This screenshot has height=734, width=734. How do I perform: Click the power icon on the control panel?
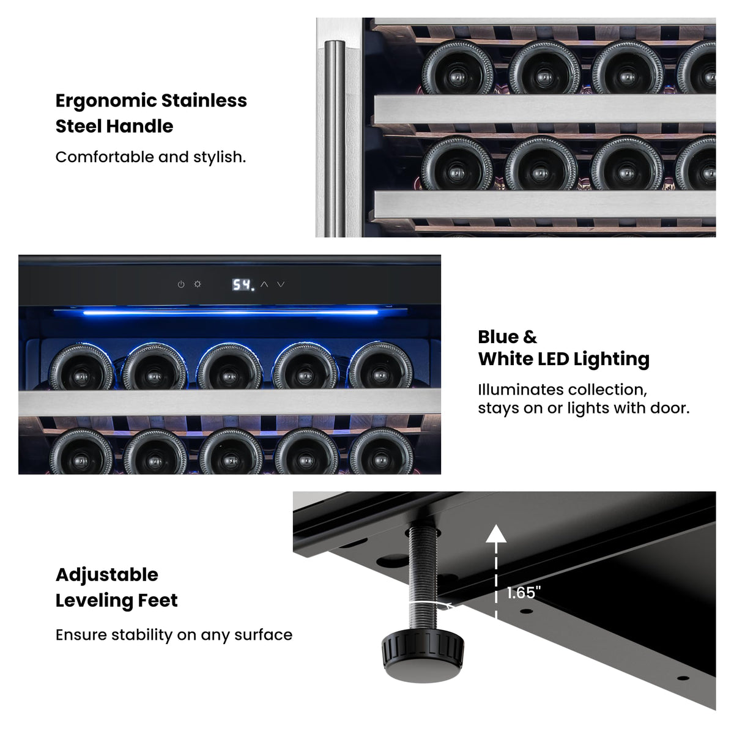181,284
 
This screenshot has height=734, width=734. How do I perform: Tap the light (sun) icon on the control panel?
198,284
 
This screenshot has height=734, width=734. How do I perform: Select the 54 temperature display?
242,284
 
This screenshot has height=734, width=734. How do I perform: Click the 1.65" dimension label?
524,592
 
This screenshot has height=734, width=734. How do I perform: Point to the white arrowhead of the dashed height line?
496,533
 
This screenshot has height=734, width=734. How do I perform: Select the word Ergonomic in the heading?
106,102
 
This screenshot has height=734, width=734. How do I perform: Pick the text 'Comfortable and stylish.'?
151,157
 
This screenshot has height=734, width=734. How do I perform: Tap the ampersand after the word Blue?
530,337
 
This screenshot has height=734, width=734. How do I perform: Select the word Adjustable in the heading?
107,575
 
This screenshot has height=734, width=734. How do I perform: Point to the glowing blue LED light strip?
231,313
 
